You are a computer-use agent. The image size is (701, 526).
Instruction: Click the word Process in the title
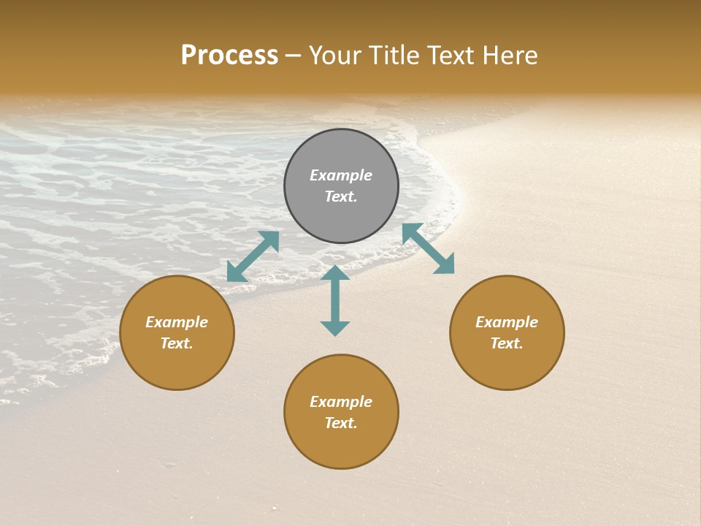[x=229, y=56]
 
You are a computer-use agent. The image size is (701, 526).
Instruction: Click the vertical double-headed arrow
[x=335, y=300]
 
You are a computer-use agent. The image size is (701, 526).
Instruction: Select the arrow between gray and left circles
[x=253, y=256]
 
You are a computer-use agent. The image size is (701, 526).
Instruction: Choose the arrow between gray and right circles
[x=428, y=248]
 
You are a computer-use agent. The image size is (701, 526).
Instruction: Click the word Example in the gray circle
[x=341, y=175]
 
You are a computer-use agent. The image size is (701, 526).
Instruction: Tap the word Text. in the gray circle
[x=341, y=197]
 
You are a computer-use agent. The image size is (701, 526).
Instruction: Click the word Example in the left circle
[x=177, y=322]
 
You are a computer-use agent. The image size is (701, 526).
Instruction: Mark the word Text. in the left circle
[x=177, y=343]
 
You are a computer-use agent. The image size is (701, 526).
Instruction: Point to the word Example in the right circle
[x=507, y=322]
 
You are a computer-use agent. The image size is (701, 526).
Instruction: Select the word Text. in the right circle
[x=507, y=343]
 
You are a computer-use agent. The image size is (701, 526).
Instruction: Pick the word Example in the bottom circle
[x=341, y=402]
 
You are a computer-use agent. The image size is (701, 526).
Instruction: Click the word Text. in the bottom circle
[x=341, y=423]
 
